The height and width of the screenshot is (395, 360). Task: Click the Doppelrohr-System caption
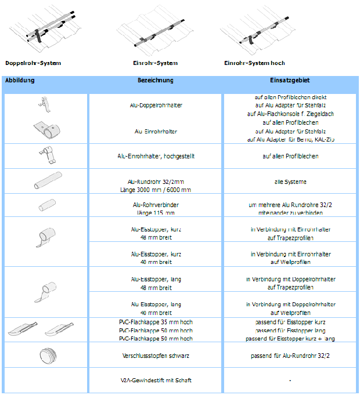[x=33, y=63]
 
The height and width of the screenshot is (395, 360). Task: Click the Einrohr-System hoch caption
[x=254, y=63]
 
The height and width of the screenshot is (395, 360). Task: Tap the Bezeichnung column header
[x=155, y=81]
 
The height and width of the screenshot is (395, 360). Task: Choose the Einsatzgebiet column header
[x=290, y=81]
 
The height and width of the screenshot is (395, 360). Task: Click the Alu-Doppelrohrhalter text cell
[x=156, y=105]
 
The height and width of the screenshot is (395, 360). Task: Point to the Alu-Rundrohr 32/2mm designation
[x=156, y=181]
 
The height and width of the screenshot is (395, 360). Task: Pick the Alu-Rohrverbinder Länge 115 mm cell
[x=156, y=208]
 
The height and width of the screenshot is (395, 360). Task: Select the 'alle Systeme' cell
[x=290, y=182]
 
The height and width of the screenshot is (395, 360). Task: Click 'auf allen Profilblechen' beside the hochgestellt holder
[x=290, y=156]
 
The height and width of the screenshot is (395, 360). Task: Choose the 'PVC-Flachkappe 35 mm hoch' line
[x=156, y=321]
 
